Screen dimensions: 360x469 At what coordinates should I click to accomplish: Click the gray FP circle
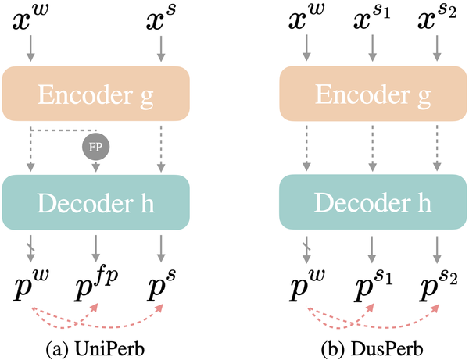tap(95, 145)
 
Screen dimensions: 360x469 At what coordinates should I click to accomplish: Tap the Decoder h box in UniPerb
tap(96, 203)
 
